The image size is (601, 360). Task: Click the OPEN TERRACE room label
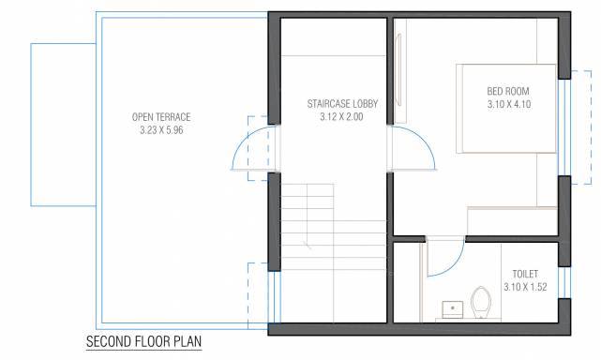pyautogui.click(x=161, y=117)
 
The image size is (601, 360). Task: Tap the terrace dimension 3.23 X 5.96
pyautogui.click(x=161, y=131)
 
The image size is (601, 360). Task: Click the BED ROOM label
pyautogui.click(x=509, y=91)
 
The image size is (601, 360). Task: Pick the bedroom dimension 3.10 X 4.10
pyautogui.click(x=509, y=105)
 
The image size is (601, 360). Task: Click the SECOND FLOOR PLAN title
pyautogui.click(x=143, y=343)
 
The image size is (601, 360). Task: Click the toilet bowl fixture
pyautogui.click(x=482, y=302)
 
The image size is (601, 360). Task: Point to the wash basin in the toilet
pyautogui.click(x=452, y=307)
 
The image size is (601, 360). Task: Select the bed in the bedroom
pyautogui.click(x=506, y=108)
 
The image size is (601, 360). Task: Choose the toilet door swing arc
pyautogui.click(x=444, y=258)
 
